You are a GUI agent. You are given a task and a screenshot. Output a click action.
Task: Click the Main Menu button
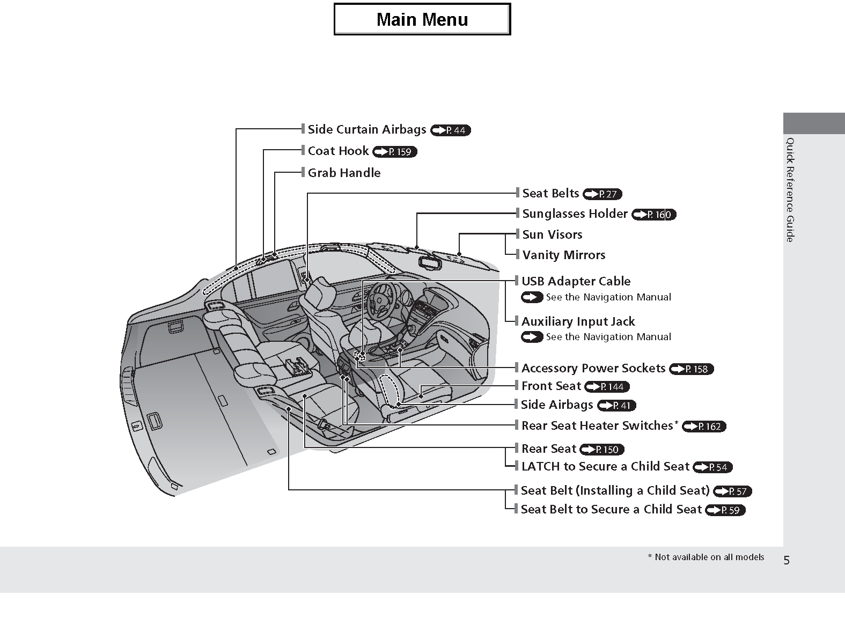422,19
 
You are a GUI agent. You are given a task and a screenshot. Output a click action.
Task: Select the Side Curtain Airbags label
366,129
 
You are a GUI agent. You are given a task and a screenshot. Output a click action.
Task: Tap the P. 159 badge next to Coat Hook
394,152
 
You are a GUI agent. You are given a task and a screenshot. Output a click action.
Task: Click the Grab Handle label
344,173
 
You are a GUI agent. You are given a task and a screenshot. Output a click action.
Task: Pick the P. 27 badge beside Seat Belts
602,194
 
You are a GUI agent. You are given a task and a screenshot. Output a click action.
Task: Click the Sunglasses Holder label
575,214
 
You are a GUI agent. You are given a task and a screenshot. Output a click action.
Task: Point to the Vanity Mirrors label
563,255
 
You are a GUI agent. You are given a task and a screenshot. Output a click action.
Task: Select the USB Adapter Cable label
576,281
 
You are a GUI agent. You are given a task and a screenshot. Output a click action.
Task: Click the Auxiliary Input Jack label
578,321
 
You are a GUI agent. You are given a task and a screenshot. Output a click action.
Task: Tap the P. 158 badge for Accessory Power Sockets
692,369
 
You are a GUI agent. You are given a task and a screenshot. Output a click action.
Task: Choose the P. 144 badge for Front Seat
607,387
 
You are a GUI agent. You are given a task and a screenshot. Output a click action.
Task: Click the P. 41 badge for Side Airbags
617,406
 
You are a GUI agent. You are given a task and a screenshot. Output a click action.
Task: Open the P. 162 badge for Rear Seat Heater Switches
704,427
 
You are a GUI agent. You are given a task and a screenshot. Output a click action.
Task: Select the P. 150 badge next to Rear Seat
602,450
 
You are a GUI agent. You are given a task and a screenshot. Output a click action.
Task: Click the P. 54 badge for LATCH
712,467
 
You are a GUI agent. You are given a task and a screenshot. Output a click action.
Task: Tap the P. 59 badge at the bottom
725,510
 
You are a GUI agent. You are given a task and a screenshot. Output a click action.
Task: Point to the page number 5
787,561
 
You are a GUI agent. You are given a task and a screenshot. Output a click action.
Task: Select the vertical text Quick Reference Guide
790,190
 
